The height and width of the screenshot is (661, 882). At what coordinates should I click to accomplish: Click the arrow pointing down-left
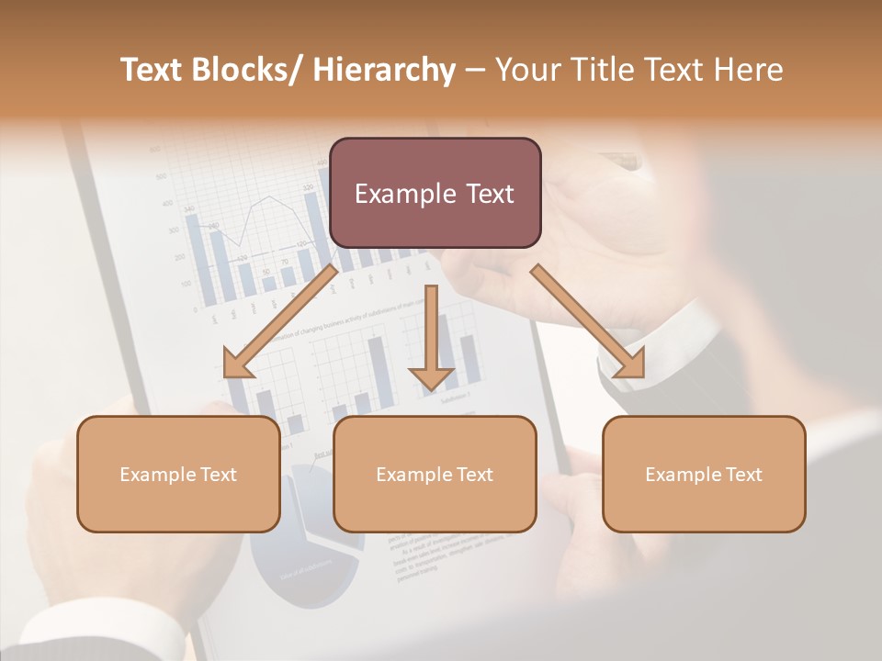280,321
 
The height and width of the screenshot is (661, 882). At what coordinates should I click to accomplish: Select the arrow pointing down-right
588,321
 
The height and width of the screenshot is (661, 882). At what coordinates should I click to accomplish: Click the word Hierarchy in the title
384,71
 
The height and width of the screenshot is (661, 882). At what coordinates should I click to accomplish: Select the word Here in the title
749,71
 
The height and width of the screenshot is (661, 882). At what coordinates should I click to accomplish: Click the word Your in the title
524,71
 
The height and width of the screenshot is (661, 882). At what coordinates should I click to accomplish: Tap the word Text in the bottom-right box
742,475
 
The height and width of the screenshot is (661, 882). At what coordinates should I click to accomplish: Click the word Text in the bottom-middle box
473,475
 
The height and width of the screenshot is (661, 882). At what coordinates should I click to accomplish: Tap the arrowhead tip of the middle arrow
431,391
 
